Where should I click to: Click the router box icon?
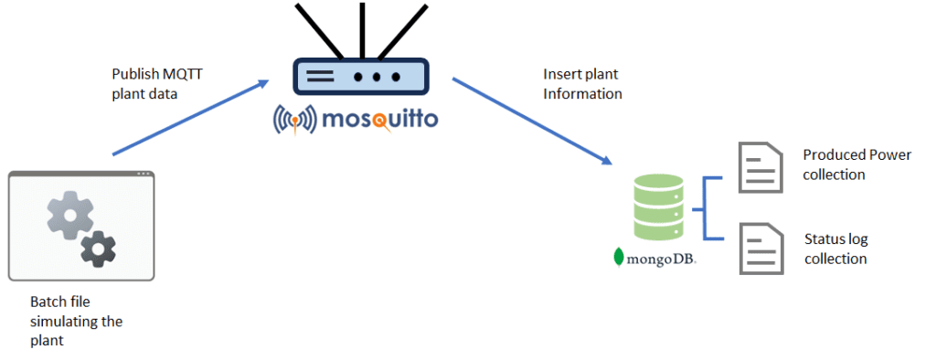[360, 78]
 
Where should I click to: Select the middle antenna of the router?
[361, 27]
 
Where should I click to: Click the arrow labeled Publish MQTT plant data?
[189, 118]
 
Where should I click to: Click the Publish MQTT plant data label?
[156, 83]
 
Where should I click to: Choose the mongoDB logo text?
[662, 258]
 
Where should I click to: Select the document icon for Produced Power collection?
[760, 166]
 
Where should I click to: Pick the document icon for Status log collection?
[760, 249]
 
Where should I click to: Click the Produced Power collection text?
[856, 164]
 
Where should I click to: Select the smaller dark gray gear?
[99, 249]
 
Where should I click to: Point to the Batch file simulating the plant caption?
[77, 321]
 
